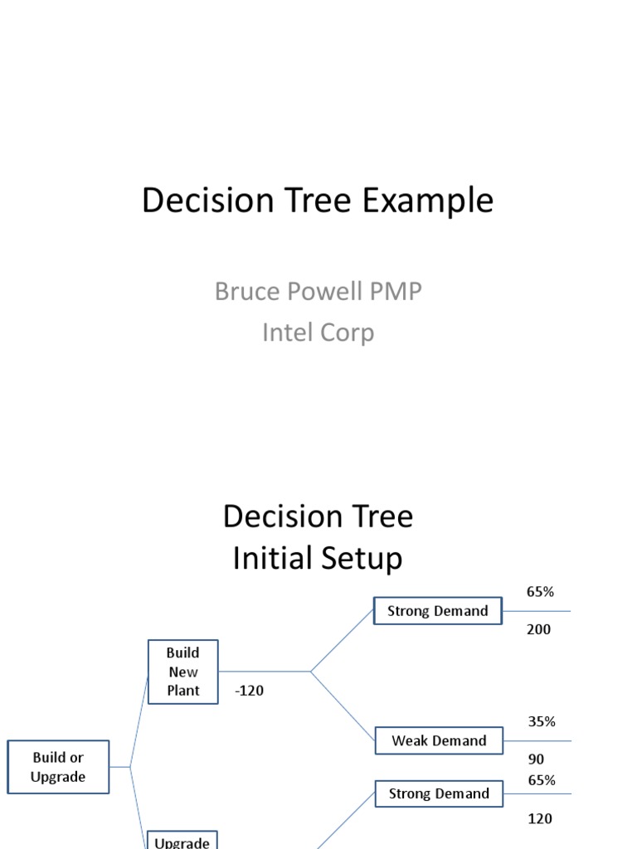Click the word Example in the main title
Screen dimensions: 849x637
coord(420,201)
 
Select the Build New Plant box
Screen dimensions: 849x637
coord(183,672)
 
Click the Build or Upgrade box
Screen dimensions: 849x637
coord(58,767)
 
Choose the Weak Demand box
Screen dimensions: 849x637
coord(439,740)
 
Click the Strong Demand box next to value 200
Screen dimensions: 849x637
coord(438,611)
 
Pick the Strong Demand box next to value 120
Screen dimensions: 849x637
coord(439,793)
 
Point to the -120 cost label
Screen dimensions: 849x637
coord(249,690)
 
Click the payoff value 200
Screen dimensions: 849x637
coord(538,629)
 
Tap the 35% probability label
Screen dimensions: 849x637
coord(542,721)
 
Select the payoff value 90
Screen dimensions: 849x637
coord(536,759)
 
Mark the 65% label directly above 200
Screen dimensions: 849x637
coord(540,592)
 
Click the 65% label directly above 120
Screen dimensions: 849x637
coord(542,780)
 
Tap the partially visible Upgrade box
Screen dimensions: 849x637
coord(182,841)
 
